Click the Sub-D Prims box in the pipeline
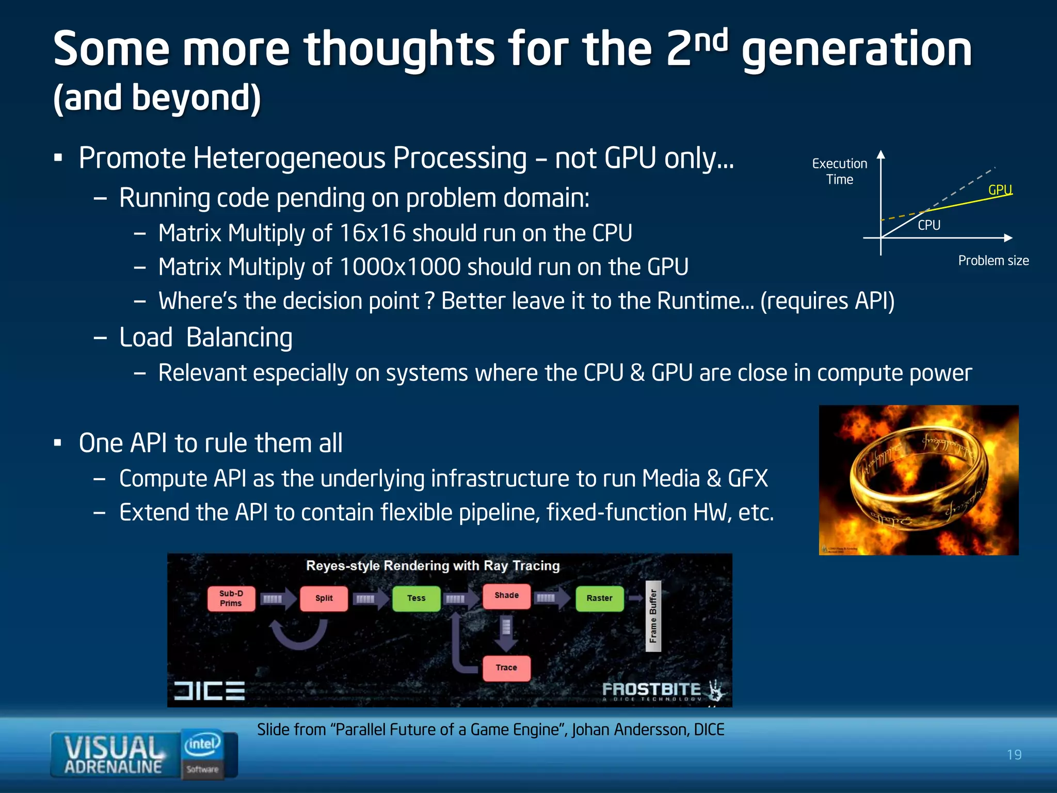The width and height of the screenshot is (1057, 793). pos(231,598)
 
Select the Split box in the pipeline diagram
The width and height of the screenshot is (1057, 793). pos(324,598)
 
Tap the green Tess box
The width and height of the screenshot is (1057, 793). pos(416,598)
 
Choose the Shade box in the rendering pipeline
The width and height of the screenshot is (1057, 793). pos(506,596)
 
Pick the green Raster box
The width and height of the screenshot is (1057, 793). pos(599,598)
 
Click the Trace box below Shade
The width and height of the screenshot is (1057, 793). pos(506,668)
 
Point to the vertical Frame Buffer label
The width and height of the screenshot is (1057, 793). pos(653,616)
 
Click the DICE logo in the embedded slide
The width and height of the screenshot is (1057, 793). pos(209,691)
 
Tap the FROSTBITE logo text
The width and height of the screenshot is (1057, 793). pos(651,690)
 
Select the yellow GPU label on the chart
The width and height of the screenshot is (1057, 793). pos(1000,190)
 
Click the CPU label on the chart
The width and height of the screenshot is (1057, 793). pos(928,225)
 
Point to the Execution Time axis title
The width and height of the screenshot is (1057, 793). pos(839,171)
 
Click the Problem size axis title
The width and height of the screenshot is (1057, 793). pos(993,261)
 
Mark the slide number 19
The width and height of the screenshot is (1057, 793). pos(1014,755)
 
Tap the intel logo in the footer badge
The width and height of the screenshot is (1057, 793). pos(202,744)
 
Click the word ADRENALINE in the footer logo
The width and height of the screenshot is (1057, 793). pos(113,767)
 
